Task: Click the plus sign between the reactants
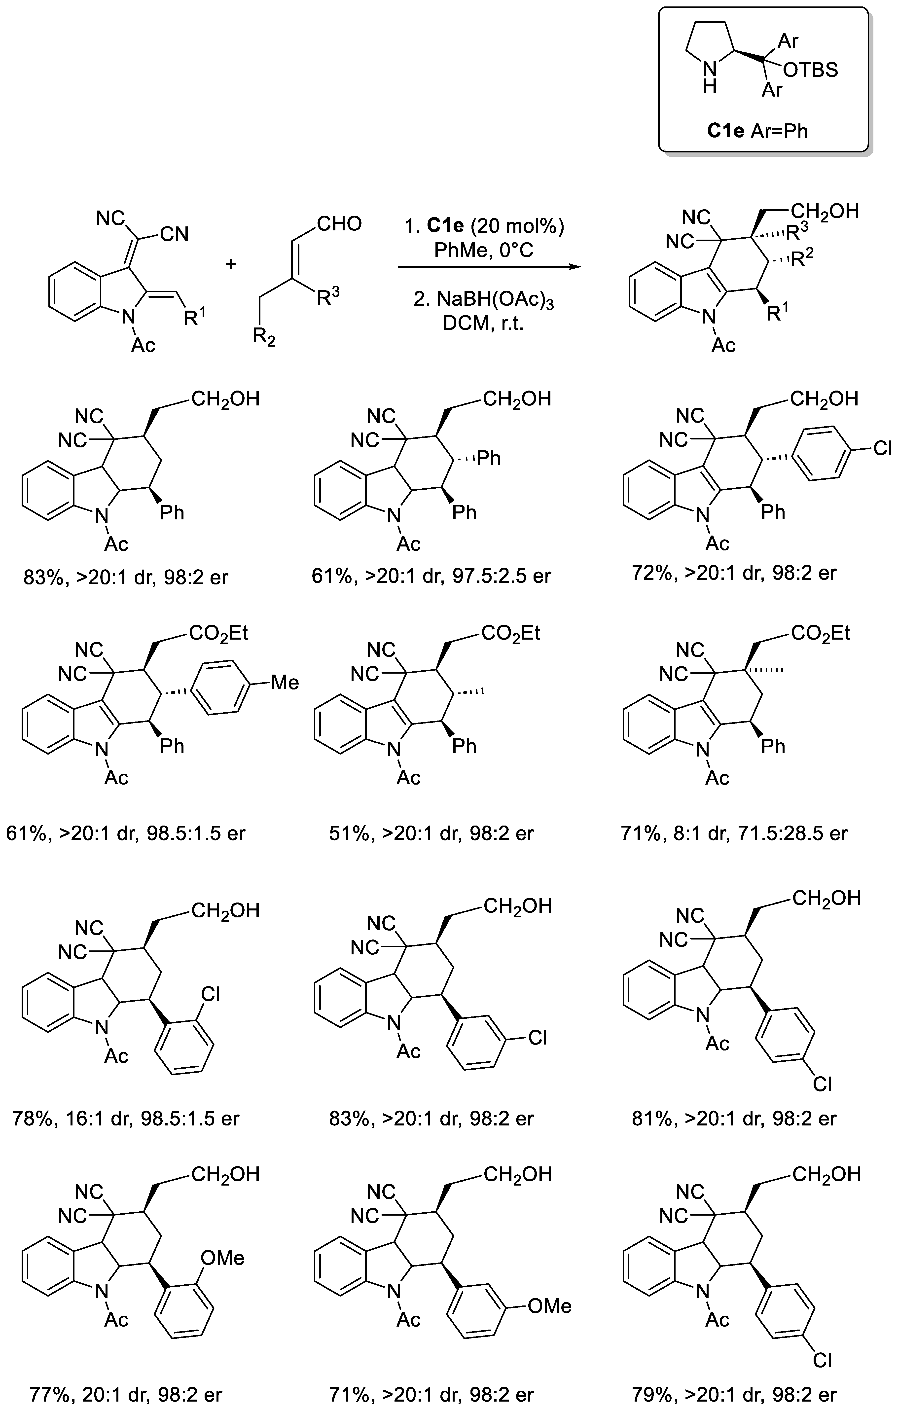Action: [231, 264]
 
